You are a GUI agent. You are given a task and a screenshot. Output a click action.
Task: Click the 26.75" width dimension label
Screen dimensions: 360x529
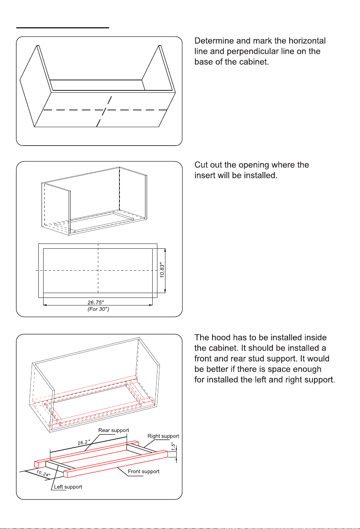click(x=96, y=302)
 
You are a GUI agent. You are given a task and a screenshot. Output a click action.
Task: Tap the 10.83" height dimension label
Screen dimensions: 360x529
click(x=162, y=270)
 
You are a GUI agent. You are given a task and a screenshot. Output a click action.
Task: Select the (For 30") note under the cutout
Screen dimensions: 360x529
click(x=98, y=309)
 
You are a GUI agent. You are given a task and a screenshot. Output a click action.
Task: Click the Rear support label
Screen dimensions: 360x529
click(x=113, y=430)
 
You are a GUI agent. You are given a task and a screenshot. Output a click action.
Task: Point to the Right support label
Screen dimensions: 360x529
click(x=163, y=436)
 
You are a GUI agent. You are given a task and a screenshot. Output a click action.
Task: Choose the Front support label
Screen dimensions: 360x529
click(x=144, y=471)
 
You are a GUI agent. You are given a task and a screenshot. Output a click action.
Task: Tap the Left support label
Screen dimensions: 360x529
click(x=68, y=487)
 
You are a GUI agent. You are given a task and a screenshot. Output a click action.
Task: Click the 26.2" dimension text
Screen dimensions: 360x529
click(x=84, y=442)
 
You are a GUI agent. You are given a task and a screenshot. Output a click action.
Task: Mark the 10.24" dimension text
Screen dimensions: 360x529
click(x=43, y=473)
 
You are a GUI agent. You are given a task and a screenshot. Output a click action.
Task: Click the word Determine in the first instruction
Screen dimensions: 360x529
click(x=214, y=41)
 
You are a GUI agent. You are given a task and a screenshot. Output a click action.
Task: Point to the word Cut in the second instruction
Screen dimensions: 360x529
click(x=201, y=165)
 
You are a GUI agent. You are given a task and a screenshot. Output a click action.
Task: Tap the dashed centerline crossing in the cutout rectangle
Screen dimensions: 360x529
click(x=98, y=270)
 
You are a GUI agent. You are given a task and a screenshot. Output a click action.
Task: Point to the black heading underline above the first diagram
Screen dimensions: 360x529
click(x=62, y=28)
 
